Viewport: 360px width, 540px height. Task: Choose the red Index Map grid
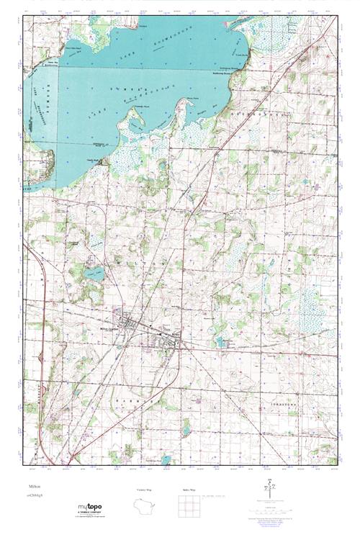[x=190, y=506]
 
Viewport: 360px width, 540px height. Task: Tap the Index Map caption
[x=190, y=490]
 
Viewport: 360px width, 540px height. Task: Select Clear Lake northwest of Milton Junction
[x=91, y=274]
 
